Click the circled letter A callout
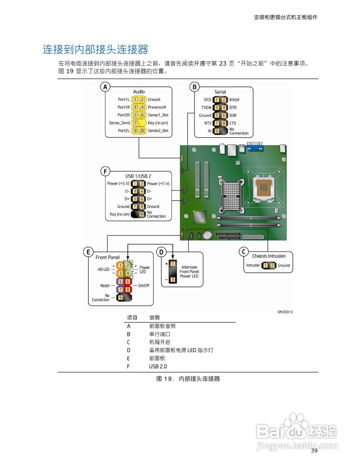105,87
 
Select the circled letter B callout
194,87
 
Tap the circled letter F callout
105,171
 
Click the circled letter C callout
244,252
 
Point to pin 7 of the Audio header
135,123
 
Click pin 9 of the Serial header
217,131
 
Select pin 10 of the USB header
142,214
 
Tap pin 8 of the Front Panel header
128,289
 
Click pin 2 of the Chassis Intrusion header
272,265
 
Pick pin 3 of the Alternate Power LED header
173,280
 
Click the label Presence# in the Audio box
157,107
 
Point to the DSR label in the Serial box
233,115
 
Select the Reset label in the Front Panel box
105,286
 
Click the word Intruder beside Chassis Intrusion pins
253,265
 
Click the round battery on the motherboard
207,235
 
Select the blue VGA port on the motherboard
255,147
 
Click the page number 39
314,451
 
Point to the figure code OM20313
285,312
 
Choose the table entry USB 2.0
158,366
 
